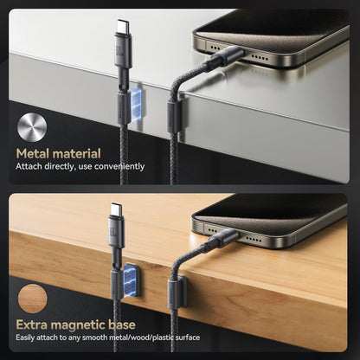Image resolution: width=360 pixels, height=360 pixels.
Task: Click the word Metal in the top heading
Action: [33, 154]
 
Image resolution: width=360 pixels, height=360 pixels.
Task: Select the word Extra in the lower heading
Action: [31, 325]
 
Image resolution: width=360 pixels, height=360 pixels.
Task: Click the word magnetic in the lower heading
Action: [78, 325]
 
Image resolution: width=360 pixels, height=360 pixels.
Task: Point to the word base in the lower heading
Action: [122, 325]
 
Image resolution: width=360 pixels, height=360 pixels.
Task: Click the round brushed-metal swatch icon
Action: [32, 127]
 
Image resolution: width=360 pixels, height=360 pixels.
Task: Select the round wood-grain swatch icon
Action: [32, 299]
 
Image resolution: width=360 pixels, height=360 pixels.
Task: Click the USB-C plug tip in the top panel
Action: [123, 26]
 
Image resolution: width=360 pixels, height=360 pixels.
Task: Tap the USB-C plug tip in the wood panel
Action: [116, 209]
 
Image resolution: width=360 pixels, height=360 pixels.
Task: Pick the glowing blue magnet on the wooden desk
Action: [131, 280]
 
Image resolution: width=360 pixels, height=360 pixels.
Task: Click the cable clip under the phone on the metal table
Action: [176, 116]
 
